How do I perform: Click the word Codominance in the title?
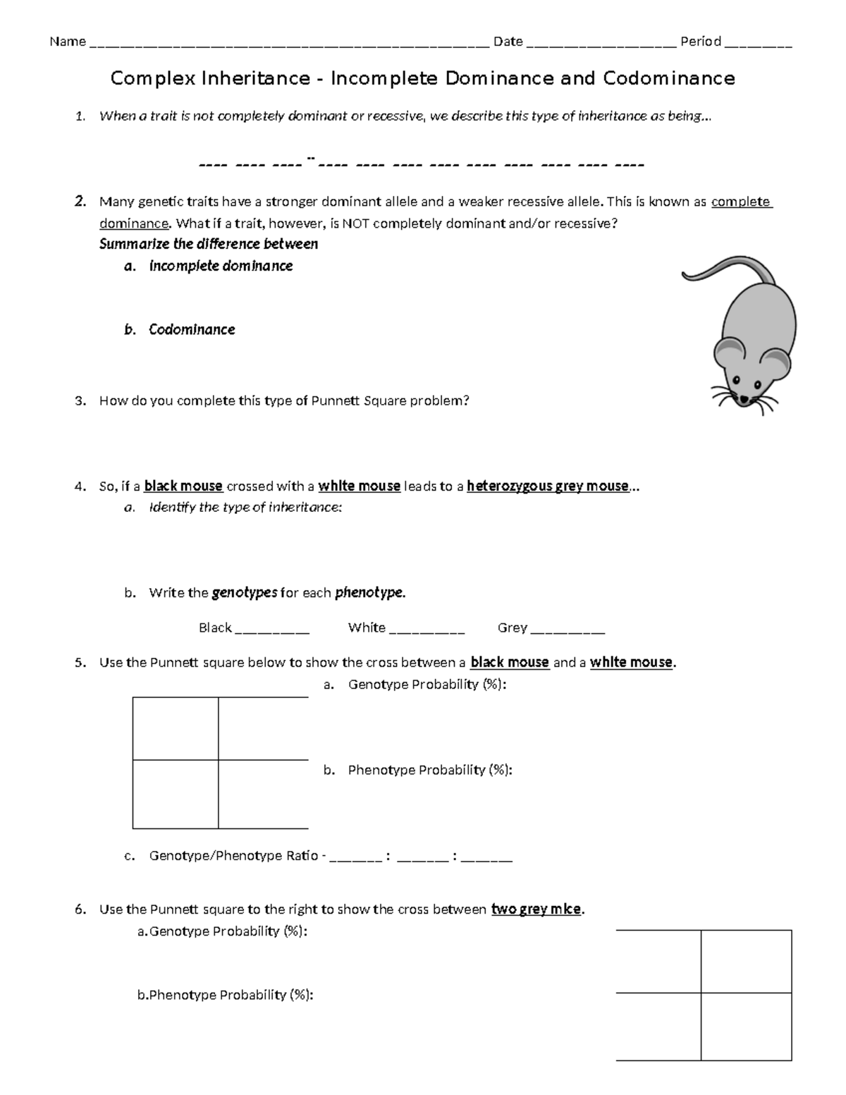tap(668, 78)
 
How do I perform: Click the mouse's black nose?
tap(743, 400)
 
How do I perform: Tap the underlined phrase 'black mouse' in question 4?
tap(183, 486)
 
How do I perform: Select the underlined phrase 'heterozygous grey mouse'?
tap(547, 486)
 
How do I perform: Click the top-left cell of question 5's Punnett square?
tap(176, 728)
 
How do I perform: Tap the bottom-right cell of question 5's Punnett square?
tap(263, 794)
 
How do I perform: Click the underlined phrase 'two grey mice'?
tap(537, 909)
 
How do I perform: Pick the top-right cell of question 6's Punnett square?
tap(746, 962)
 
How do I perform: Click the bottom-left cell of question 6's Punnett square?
tap(658, 1026)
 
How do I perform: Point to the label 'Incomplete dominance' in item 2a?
tap(221, 266)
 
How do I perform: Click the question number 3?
tap(80, 401)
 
